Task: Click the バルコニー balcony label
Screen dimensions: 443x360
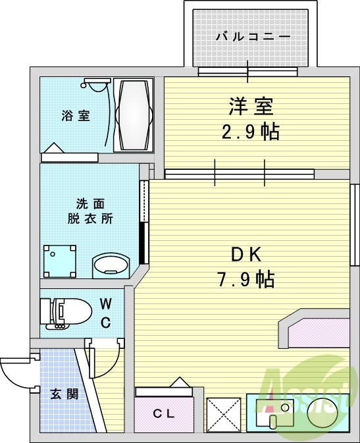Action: tap(253, 37)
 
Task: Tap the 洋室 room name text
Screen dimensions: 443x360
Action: tap(251, 105)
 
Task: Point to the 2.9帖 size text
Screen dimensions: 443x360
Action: tap(250, 132)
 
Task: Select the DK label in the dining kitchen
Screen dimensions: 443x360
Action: tap(246, 253)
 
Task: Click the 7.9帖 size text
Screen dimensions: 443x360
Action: tap(246, 280)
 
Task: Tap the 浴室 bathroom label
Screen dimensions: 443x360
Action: tap(76, 116)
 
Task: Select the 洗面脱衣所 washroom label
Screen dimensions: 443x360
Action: tap(90, 211)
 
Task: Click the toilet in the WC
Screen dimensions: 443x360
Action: tap(66, 312)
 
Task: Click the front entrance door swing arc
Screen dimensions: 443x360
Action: tap(14, 375)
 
